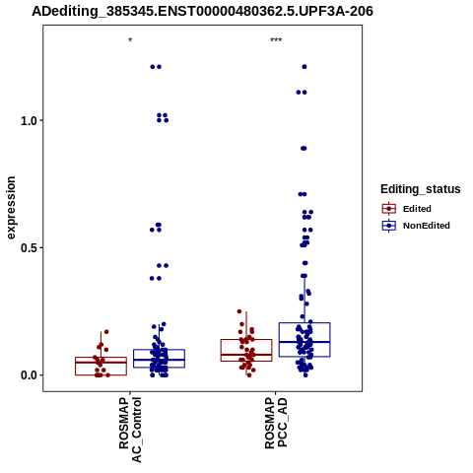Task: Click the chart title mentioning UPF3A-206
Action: pyautogui.click(x=202, y=12)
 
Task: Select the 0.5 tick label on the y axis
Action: pyautogui.click(x=28, y=248)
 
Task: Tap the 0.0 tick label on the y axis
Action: pyautogui.click(x=28, y=375)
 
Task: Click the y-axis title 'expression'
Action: pyautogui.click(x=11, y=208)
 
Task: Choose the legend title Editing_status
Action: pyautogui.click(x=421, y=189)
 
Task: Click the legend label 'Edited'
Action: pyautogui.click(x=417, y=209)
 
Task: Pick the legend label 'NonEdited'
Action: pyautogui.click(x=427, y=226)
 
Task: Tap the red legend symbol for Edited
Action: pyautogui.click(x=389, y=209)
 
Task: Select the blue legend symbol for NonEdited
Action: pyautogui.click(x=389, y=226)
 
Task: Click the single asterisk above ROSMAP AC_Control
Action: pyautogui.click(x=130, y=40)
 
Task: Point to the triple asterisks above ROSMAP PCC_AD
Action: pyautogui.click(x=276, y=40)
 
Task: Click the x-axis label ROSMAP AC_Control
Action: pyautogui.click(x=130, y=430)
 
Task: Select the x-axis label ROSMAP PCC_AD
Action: pyautogui.click(x=276, y=423)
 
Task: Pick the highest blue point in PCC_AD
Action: pyautogui.click(x=304, y=67)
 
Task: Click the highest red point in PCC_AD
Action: pyautogui.click(x=239, y=311)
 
